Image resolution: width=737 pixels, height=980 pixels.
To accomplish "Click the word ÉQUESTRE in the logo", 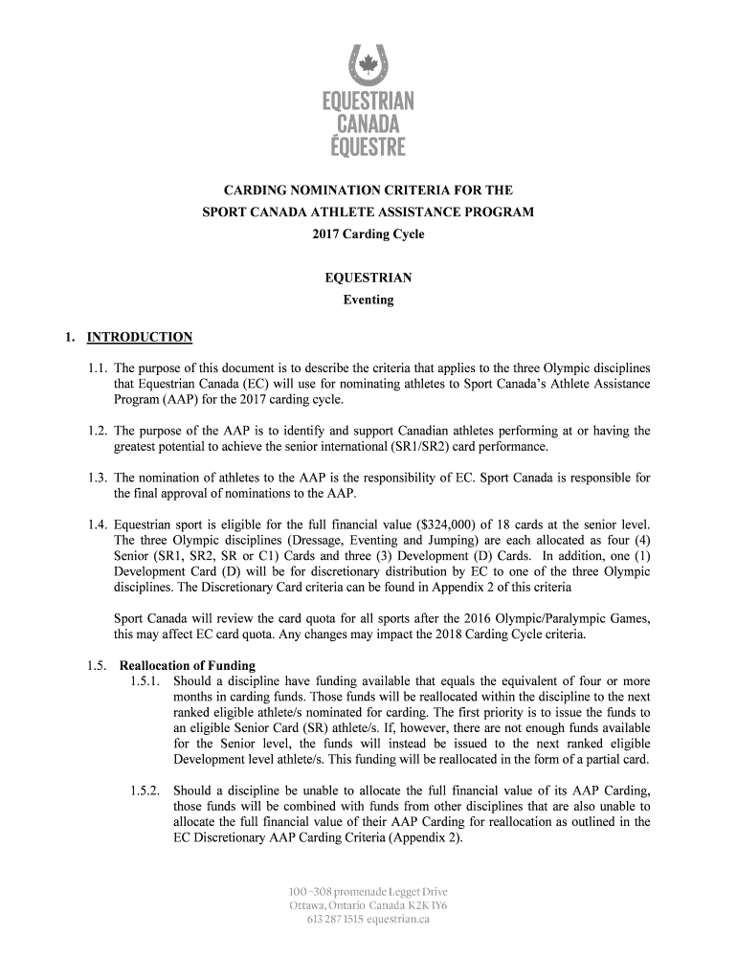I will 368,146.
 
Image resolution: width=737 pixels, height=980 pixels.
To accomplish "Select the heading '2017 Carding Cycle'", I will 368,234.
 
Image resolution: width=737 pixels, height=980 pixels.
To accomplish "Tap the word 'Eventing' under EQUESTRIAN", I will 368,300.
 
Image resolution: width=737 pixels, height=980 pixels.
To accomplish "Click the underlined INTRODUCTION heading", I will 139,337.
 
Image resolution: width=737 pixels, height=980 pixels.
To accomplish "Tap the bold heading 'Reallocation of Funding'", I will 186,666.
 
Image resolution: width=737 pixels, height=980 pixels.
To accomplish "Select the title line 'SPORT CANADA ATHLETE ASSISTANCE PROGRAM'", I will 368,212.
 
